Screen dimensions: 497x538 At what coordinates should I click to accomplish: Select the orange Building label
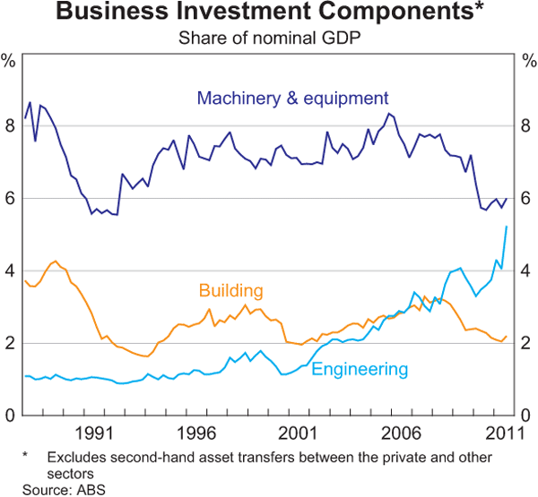click(x=231, y=290)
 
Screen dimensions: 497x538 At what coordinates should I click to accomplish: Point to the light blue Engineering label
click(x=360, y=368)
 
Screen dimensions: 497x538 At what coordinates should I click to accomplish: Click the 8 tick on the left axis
click(x=9, y=126)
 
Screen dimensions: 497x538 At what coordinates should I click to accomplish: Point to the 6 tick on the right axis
click(x=527, y=199)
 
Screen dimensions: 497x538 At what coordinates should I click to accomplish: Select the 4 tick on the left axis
click(x=9, y=271)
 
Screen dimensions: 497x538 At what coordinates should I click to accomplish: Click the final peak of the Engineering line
click(x=508, y=227)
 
